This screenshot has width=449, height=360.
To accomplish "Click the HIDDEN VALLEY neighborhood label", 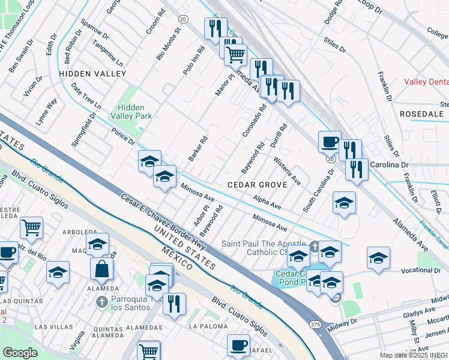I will [92, 74].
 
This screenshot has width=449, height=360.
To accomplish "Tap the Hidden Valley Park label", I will [131, 111].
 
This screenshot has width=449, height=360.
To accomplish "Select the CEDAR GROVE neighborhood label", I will [258, 185].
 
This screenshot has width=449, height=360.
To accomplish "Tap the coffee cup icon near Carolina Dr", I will [329, 142].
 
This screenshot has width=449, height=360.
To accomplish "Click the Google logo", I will [20, 352].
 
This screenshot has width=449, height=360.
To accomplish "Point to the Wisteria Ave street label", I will [287, 170].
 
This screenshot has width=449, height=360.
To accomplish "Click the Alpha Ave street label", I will [267, 202].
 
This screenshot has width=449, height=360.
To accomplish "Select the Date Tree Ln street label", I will [86, 96].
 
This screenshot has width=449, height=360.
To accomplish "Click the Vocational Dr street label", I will [426, 271].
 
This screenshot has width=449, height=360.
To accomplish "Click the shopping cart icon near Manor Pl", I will [235, 55].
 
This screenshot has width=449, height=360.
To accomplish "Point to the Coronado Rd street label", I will [254, 121].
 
